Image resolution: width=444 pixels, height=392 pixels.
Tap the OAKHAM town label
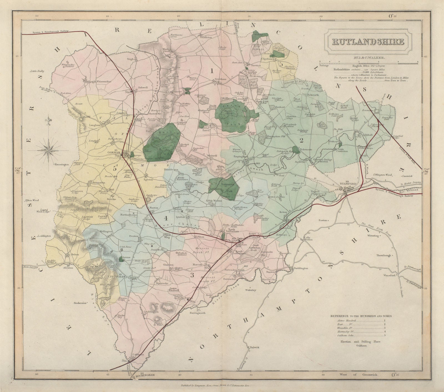pyautogui.click(x=114, y=153)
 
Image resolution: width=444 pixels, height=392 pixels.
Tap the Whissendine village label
pyautogui.click(x=96, y=81)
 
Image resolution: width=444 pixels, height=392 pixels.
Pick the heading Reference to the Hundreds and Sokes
pyautogui.click(x=361, y=316)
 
